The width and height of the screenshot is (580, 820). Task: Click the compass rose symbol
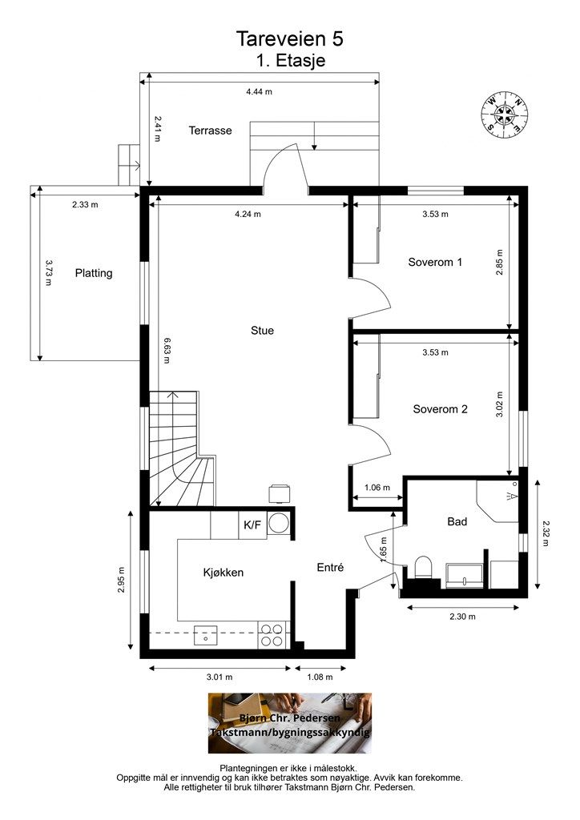(505, 115)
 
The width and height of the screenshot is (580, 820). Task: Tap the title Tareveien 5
(290, 38)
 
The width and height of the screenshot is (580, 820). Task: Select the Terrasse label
(210, 131)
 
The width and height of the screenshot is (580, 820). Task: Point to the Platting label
(94, 273)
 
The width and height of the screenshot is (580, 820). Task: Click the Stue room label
(262, 331)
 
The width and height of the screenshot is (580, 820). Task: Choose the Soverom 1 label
(435, 262)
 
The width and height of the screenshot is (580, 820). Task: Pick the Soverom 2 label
(441, 409)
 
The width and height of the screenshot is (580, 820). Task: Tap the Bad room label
(457, 521)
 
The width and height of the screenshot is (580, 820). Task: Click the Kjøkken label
(224, 573)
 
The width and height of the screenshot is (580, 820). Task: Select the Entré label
(331, 568)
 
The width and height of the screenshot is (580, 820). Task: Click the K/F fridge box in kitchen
(252, 525)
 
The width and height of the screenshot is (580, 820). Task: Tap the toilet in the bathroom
(422, 568)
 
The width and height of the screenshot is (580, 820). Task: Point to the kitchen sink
(206, 635)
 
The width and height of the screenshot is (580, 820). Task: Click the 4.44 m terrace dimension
(260, 91)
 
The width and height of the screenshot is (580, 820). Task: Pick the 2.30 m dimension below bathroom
(463, 617)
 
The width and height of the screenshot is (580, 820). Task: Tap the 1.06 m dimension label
(377, 488)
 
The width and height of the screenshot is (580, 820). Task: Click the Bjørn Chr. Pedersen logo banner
(290, 723)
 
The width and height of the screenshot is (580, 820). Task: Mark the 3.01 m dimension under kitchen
(220, 677)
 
